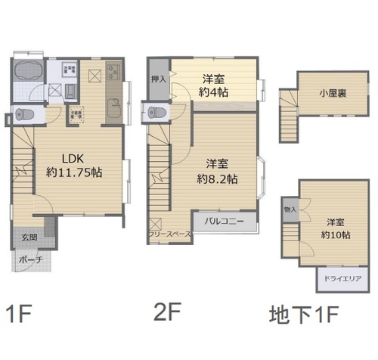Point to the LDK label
(x=72, y=160)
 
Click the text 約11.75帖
(x=74, y=172)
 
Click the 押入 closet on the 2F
(x=158, y=79)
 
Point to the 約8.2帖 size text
(x=217, y=179)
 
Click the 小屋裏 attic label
(x=333, y=95)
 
